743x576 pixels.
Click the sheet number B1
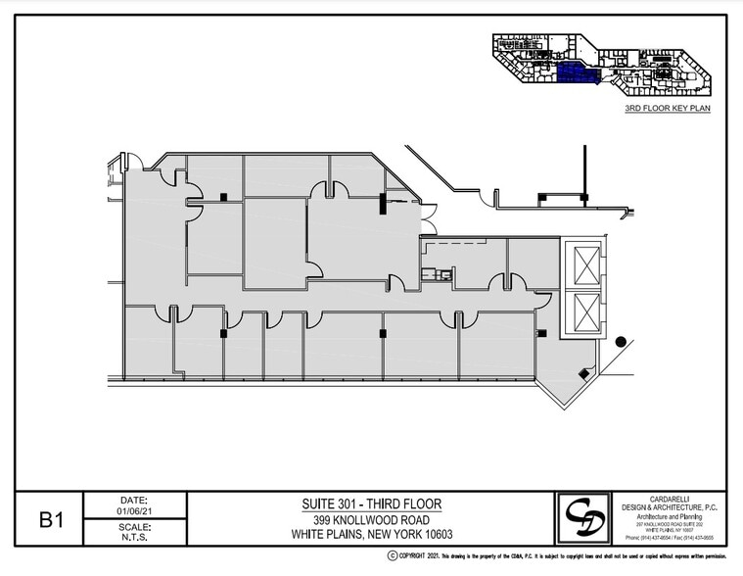[51, 519]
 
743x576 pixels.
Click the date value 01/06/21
[134, 509]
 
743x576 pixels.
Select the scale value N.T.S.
[134, 538]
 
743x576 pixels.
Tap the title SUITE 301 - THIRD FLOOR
[371, 504]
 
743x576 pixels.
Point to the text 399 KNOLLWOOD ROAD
[371, 519]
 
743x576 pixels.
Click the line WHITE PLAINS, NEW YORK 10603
[371, 535]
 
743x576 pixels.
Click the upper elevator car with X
[585, 265]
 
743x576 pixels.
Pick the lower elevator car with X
[585, 312]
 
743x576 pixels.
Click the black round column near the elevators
[621, 341]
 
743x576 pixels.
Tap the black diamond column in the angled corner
[583, 373]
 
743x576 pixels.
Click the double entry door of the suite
[428, 219]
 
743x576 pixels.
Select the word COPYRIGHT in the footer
[419, 555]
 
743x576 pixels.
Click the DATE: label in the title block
[134, 498]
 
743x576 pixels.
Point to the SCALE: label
[134, 525]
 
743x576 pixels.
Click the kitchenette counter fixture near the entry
[437, 275]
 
